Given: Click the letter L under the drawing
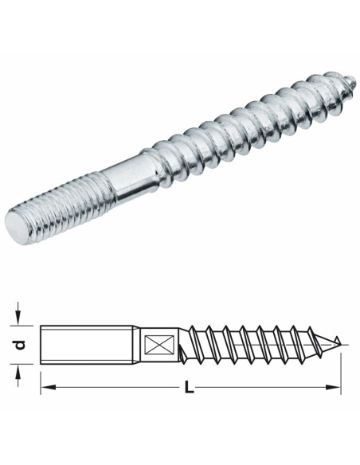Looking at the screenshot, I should click(x=189, y=389).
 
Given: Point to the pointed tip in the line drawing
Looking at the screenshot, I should click(x=342, y=342).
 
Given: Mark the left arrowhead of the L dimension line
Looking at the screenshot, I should click(x=45, y=388).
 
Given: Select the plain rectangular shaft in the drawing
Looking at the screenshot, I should click(x=88, y=345).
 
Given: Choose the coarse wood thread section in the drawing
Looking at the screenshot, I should click(x=255, y=344).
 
